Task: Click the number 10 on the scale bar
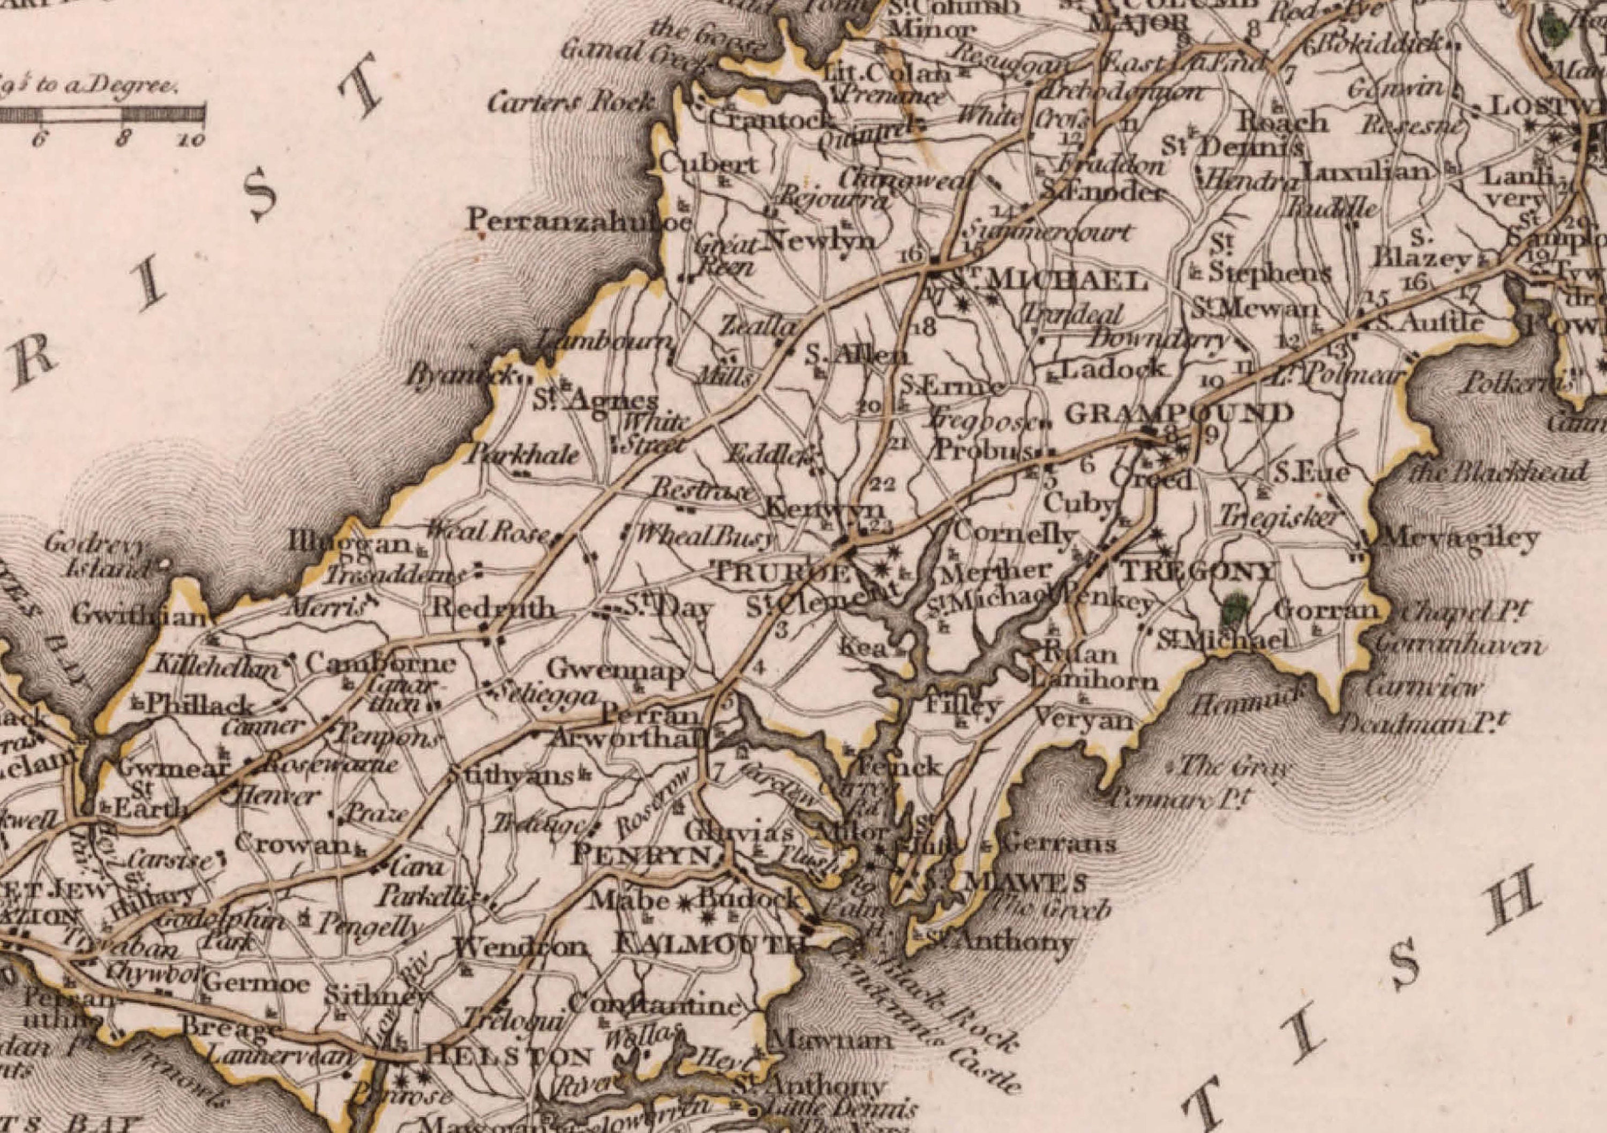190,139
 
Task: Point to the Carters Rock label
573,103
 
